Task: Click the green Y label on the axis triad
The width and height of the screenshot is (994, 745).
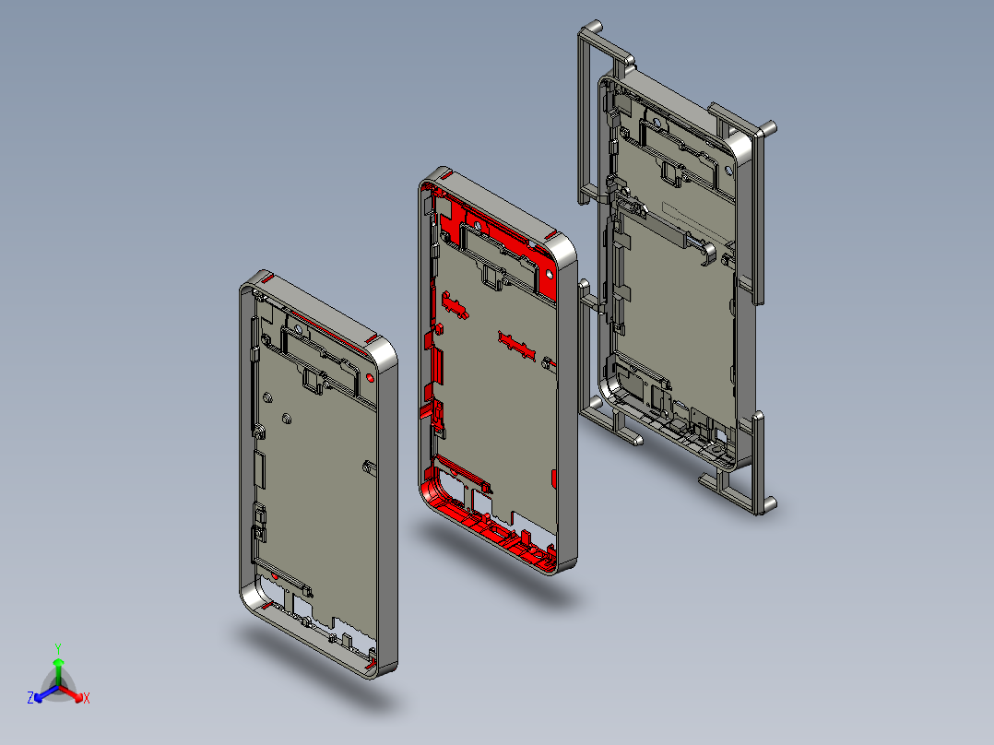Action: pyautogui.click(x=58, y=649)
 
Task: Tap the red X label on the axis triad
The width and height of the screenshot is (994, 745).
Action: pyautogui.click(x=87, y=698)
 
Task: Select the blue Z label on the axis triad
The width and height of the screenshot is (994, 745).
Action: pyautogui.click(x=30, y=698)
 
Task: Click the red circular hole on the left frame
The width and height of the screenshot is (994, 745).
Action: pyautogui.click(x=371, y=378)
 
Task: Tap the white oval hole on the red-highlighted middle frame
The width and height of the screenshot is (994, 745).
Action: pyautogui.click(x=549, y=275)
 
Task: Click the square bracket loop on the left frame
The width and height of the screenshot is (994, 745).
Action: pyautogui.click(x=314, y=381)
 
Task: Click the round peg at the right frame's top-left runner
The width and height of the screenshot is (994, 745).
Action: pyautogui.click(x=593, y=28)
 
